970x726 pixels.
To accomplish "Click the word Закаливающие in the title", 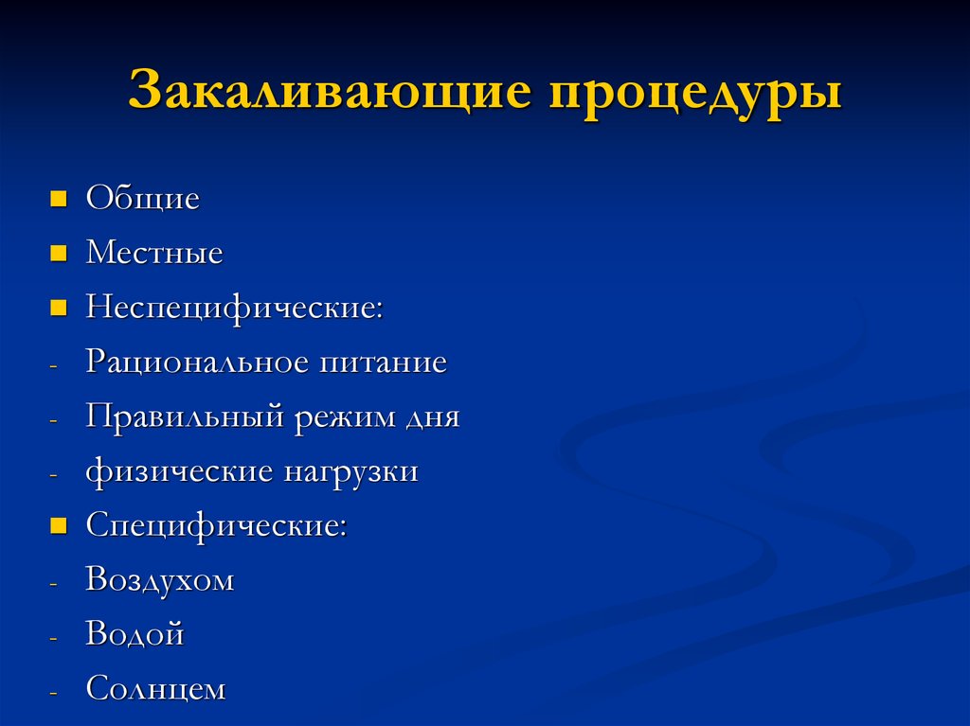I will (x=327, y=92).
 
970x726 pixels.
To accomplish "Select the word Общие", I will (x=143, y=199).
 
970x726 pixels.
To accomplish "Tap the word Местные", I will (x=154, y=253).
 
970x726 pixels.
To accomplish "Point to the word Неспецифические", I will (x=233, y=308).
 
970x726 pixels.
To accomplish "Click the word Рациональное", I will (x=196, y=362).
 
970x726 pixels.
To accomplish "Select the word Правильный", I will (x=185, y=417).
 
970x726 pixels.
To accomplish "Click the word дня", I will (x=435, y=417).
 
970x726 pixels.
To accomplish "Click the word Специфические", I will (x=215, y=525).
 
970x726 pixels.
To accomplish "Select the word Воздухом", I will (x=159, y=579).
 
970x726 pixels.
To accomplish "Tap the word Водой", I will (x=135, y=633).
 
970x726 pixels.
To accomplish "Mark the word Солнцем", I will (x=156, y=688).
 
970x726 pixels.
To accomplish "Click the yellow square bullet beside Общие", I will (x=59, y=200).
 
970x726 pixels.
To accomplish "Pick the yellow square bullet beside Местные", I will (x=59, y=254).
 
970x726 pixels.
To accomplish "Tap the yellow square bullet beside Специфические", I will (x=59, y=525).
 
